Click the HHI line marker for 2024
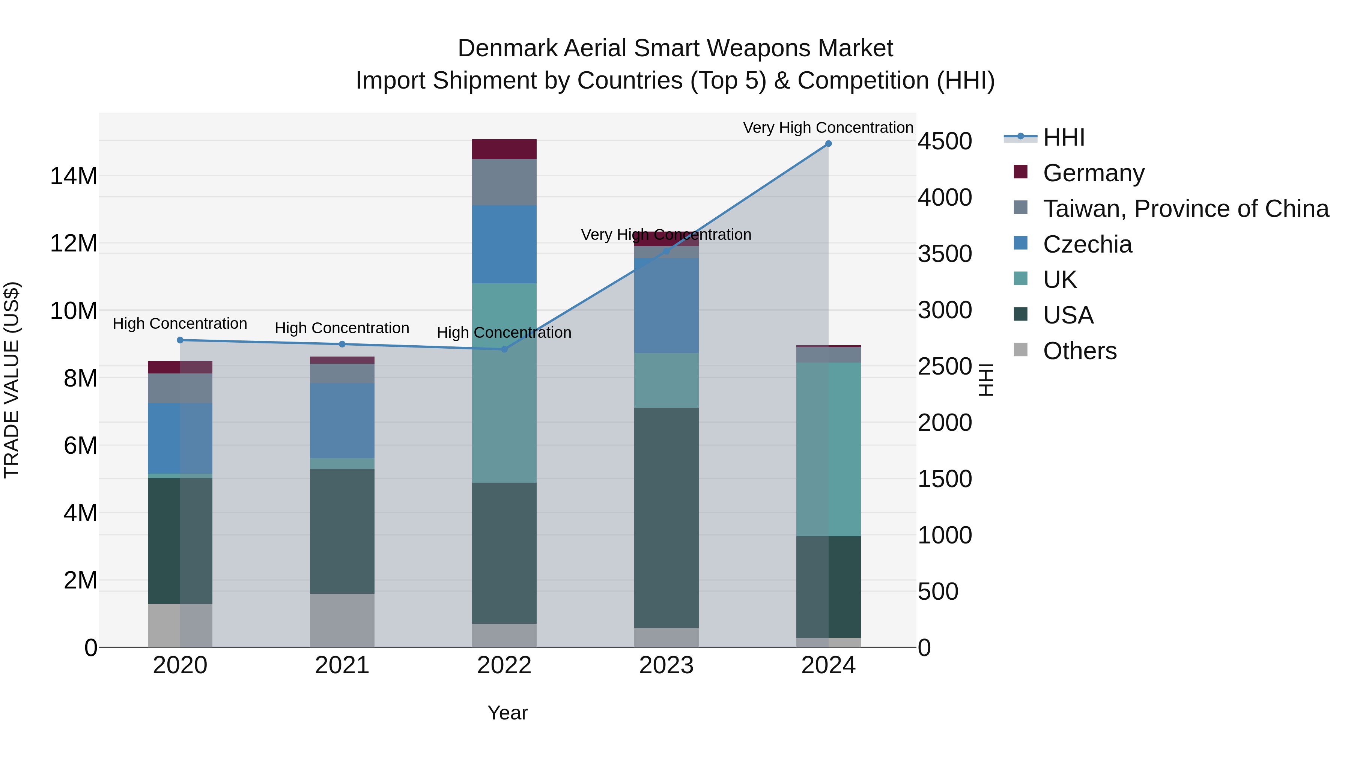pyautogui.click(x=828, y=144)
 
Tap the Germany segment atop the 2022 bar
pyautogui.click(x=504, y=149)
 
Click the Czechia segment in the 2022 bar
pyautogui.click(x=504, y=244)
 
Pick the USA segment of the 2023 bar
pyautogui.click(x=666, y=517)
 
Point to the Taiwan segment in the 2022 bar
pyautogui.click(x=504, y=182)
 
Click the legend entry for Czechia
pyautogui.click(x=1087, y=244)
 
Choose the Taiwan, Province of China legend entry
pyautogui.click(x=1185, y=209)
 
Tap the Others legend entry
pyautogui.click(x=1079, y=351)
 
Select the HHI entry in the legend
pyautogui.click(x=1063, y=137)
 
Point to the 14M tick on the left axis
pyautogui.click(x=74, y=176)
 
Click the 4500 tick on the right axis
pyautogui.click(x=945, y=141)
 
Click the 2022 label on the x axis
pyautogui.click(x=504, y=665)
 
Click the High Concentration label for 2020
pyautogui.click(x=180, y=324)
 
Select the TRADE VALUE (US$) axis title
pyautogui.click(x=12, y=380)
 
